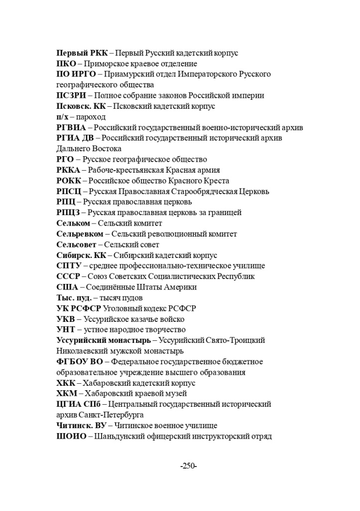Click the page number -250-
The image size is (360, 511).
pos(188,466)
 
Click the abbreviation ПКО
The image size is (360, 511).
pos(66,64)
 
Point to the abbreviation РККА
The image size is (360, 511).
pos(69,170)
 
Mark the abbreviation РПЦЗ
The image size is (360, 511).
pos(68,213)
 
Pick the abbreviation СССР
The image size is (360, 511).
pos(69,276)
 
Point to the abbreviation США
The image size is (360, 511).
pos(67,287)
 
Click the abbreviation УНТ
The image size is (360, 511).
pos(66,329)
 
